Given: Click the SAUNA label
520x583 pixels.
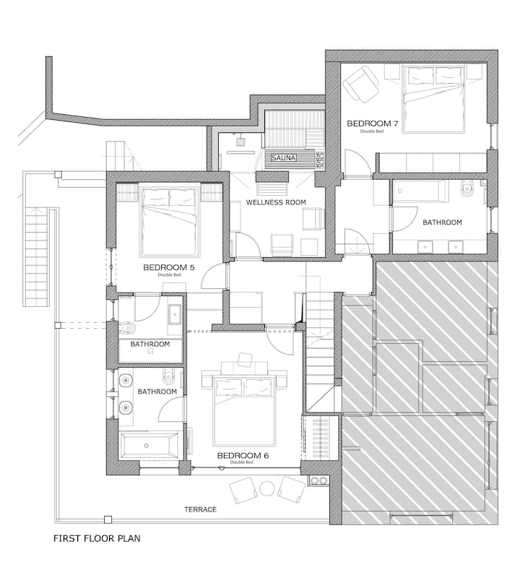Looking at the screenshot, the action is pos(283,157).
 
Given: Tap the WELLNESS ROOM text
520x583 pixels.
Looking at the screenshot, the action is pos(276,202).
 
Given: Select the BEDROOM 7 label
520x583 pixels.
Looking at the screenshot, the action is pos(372,124).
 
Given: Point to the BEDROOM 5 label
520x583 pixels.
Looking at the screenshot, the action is pos(169,267).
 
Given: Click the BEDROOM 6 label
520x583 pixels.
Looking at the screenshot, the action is pos(243,455).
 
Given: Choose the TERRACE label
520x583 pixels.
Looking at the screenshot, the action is pos(200,509).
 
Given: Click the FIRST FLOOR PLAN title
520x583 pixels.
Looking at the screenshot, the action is pos(97,538).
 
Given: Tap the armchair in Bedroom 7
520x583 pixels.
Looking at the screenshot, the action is pos(360,84).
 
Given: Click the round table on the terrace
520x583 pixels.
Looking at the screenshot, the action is pos(267,488).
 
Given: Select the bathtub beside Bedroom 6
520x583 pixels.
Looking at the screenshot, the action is pos(148,445).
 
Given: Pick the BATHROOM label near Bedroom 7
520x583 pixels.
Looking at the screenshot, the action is pos(442,223).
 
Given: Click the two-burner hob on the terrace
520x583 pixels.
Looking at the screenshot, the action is pos(319,480).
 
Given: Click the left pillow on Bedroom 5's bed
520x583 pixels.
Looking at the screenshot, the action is pos(155,198).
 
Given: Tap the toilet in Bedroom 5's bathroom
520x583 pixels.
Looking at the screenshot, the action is pos(127,327).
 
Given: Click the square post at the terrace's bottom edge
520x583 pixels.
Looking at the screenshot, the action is pos(108,519).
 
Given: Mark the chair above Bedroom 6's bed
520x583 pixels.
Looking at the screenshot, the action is pos(245,358).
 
